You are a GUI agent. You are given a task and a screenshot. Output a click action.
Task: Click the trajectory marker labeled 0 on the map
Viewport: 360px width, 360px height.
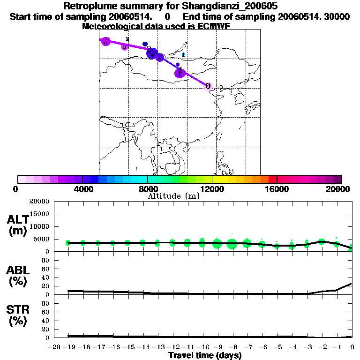click(x=208, y=86)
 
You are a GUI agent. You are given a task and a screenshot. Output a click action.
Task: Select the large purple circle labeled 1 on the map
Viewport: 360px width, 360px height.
click(x=180, y=73)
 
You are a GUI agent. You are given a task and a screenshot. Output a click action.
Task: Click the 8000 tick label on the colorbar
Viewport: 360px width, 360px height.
click(x=147, y=189)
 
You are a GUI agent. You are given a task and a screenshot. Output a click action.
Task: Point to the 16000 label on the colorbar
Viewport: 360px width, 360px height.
click(x=277, y=189)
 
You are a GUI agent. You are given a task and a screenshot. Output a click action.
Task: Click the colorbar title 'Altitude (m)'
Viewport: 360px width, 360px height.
click(x=174, y=196)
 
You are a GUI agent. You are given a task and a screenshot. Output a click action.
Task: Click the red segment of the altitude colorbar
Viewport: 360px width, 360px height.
click(x=272, y=179)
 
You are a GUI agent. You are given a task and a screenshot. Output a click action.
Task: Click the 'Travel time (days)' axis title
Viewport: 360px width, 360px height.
click(x=205, y=355)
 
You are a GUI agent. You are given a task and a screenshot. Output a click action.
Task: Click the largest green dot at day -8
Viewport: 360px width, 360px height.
click(x=232, y=243)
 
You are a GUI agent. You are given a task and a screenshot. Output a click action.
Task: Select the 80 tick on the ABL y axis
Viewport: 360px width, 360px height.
click(x=46, y=261)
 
